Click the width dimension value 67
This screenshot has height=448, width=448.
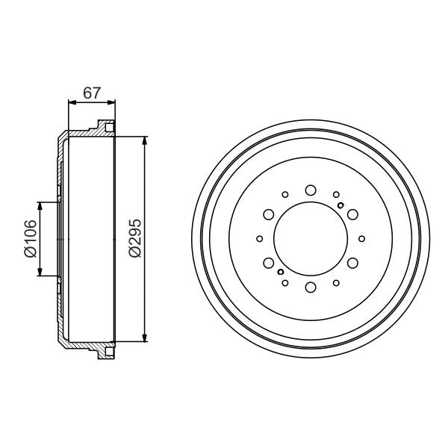tap(92, 93)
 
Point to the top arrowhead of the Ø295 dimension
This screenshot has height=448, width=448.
tap(145, 140)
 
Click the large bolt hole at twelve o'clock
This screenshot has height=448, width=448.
tap(310, 191)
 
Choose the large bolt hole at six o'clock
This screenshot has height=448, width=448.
tap(310, 286)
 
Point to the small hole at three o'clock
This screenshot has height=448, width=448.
tap(361, 239)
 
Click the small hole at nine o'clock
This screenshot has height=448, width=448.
tap(259, 239)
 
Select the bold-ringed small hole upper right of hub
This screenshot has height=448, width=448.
tap(340, 205)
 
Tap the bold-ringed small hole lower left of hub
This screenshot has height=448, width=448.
tap(281, 273)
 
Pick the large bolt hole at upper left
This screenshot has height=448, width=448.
tap(269, 215)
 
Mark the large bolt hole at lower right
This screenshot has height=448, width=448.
tap(351, 262)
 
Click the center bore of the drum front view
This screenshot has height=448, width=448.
tap(310, 239)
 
